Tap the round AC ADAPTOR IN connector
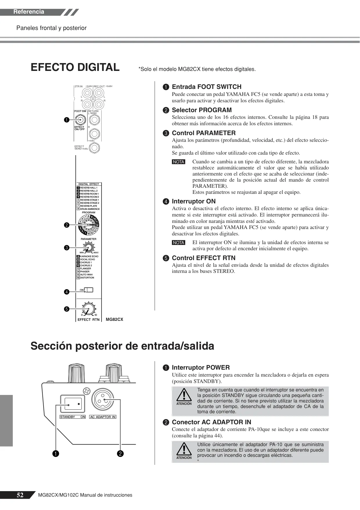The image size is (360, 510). [x=102, y=400]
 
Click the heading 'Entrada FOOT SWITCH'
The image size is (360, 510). [x=207, y=87]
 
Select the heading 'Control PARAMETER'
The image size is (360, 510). [x=204, y=133]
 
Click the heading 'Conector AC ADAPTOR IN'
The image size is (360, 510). [x=212, y=422]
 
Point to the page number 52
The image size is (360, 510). [x=20, y=495]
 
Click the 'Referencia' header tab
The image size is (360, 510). [x=29, y=12]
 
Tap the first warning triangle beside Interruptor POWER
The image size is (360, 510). [x=184, y=395]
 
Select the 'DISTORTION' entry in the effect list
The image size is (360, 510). [x=87, y=278]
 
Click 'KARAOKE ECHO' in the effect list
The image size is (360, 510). [x=89, y=256]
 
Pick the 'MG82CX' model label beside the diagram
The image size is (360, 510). [x=114, y=320]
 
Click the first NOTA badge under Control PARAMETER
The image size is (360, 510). [x=179, y=162]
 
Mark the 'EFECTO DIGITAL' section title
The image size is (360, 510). [x=75, y=67]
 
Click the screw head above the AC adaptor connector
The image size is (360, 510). [x=86, y=391]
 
